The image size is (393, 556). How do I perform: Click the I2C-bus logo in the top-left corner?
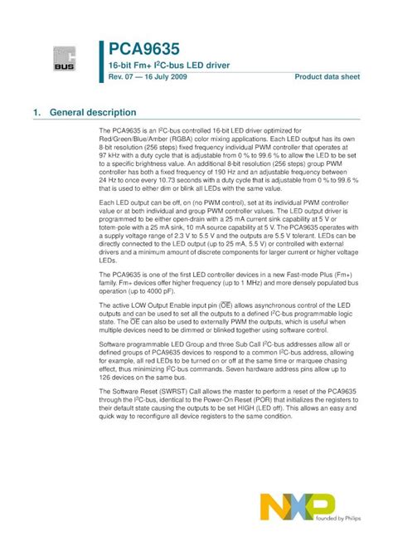click(x=65, y=59)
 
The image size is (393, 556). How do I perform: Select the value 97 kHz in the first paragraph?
click(x=110, y=154)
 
